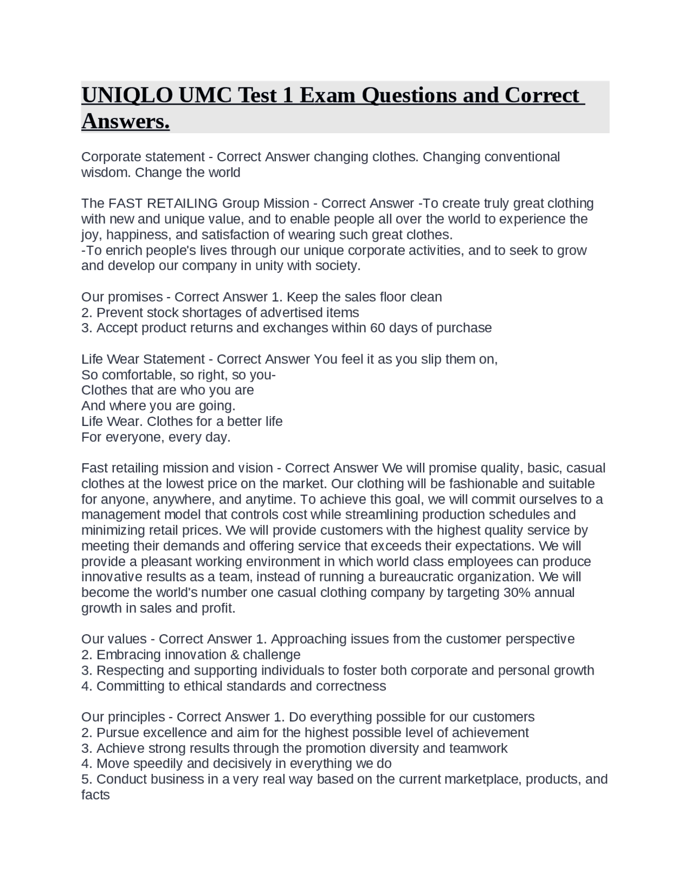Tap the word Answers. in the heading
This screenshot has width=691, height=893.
point(125,121)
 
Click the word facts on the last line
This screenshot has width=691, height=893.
point(96,795)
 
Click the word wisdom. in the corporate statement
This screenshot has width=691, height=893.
point(106,173)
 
